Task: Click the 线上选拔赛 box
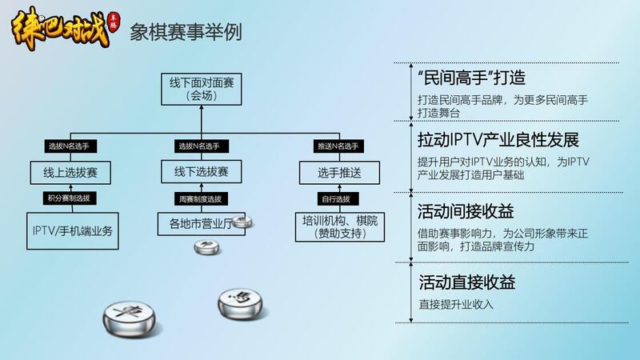(x=70, y=172)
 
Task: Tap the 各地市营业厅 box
(x=197, y=224)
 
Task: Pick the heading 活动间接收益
(x=466, y=211)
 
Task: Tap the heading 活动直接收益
(x=466, y=282)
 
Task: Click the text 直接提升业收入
(x=456, y=304)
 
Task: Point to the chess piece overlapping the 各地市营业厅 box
(x=242, y=222)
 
